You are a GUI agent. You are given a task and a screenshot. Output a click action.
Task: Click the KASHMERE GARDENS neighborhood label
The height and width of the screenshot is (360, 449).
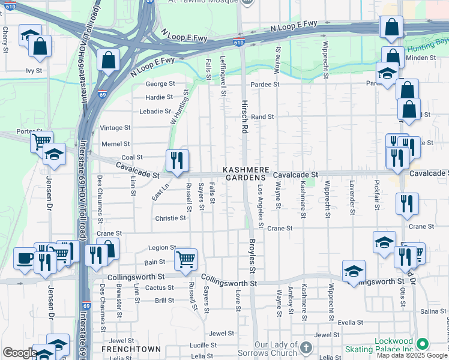[x=244, y=174]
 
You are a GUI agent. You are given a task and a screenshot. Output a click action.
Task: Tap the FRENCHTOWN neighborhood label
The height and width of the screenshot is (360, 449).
[x=131, y=349]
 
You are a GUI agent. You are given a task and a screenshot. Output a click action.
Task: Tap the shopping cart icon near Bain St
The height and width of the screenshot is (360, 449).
[x=185, y=259]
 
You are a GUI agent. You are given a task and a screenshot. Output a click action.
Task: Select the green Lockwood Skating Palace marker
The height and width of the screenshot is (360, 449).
[x=423, y=344]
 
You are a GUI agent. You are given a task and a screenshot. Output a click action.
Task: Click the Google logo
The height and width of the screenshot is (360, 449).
[x=20, y=353]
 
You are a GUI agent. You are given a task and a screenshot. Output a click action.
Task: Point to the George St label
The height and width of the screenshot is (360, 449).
[x=160, y=84]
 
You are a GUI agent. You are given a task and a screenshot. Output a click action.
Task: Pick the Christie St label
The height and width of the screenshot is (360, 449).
[x=170, y=218]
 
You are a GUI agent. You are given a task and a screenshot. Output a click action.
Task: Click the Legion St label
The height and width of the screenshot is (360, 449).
[x=162, y=247]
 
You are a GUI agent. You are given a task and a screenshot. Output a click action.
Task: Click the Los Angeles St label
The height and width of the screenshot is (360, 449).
[x=261, y=206]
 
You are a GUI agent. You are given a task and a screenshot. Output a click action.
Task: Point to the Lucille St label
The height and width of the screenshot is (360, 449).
[x=203, y=345]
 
